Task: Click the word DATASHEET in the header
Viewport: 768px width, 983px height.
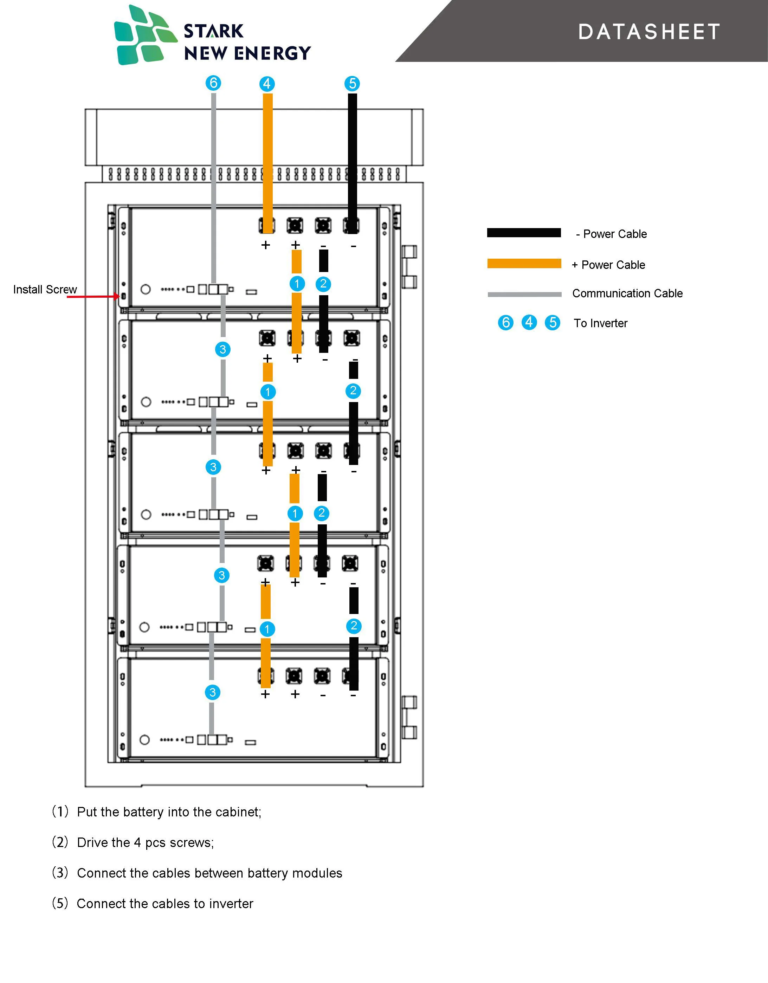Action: click(649, 32)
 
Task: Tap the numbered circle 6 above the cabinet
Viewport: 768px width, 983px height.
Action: click(213, 83)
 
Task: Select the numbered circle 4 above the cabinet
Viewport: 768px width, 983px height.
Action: click(267, 84)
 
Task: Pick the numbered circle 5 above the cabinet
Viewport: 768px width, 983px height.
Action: click(353, 83)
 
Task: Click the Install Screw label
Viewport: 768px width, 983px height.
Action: click(45, 289)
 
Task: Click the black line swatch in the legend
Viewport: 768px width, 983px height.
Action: click(524, 233)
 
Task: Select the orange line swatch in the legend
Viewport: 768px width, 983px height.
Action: click(524, 264)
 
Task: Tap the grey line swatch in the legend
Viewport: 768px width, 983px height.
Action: click(524, 295)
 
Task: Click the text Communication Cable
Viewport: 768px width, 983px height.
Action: click(627, 293)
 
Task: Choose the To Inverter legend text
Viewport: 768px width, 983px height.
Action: click(601, 323)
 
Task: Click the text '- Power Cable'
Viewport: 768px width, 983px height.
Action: click(611, 234)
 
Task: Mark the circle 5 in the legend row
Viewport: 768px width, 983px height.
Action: click(553, 323)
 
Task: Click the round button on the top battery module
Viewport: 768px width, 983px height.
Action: click(146, 289)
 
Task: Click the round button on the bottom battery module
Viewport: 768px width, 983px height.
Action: click(144, 739)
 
